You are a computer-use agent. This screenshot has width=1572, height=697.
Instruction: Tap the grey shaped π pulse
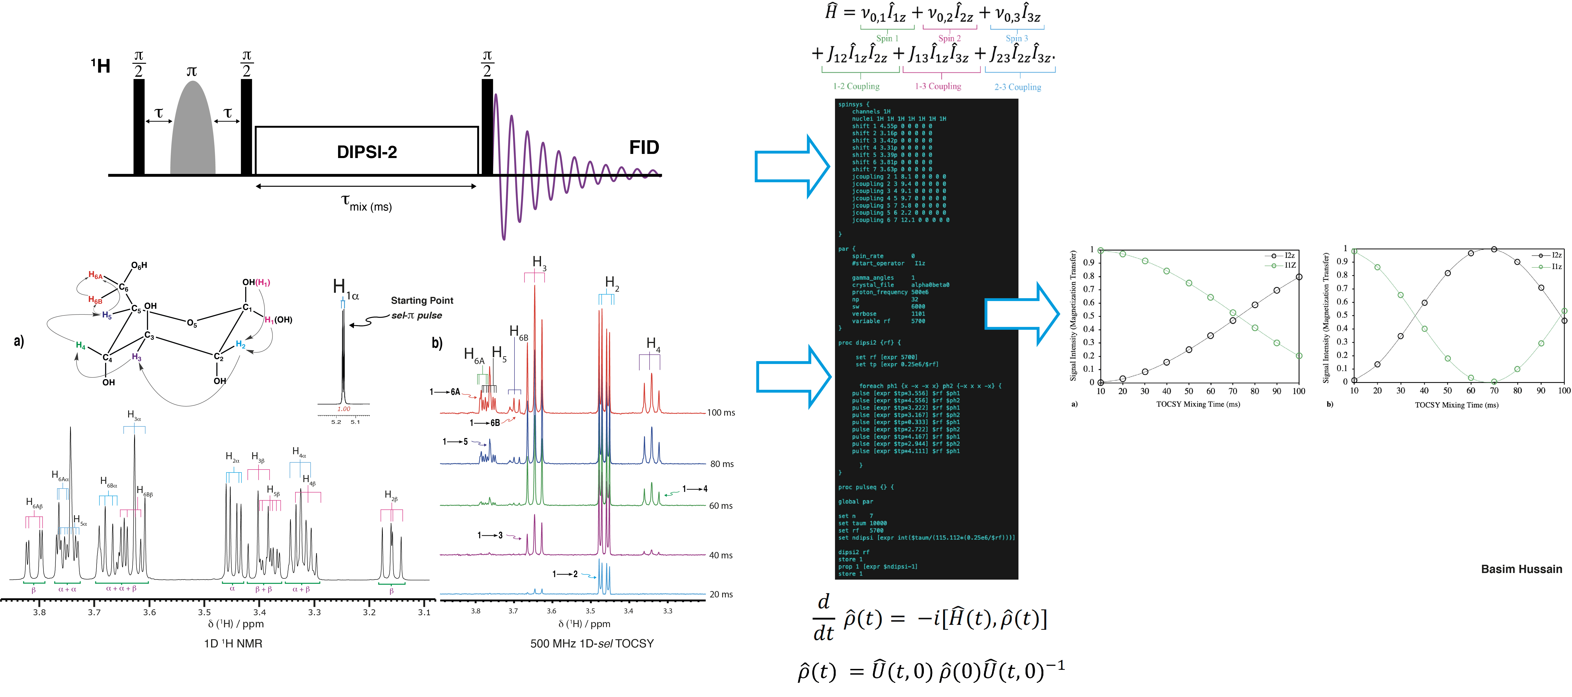[x=193, y=131]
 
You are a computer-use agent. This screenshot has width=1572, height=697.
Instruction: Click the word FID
[x=644, y=148]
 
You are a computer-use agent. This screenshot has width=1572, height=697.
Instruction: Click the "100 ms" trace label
[x=721, y=413]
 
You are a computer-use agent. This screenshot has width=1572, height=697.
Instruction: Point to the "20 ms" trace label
[x=721, y=594]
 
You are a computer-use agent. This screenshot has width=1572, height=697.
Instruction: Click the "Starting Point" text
[x=422, y=301]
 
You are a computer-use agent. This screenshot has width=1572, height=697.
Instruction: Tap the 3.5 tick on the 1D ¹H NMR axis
[x=204, y=612]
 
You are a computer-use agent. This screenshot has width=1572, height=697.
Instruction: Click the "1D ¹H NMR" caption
[x=233, y=643]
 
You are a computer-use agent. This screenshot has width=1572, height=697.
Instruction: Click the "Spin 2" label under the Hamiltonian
[x=949, y=38]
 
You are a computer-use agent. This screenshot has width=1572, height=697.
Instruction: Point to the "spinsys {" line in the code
[x=853, y=104]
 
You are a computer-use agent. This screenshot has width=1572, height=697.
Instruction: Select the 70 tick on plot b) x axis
[x=1494, y=391]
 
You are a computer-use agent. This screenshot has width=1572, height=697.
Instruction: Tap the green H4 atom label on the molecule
[x=81, y=345]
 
